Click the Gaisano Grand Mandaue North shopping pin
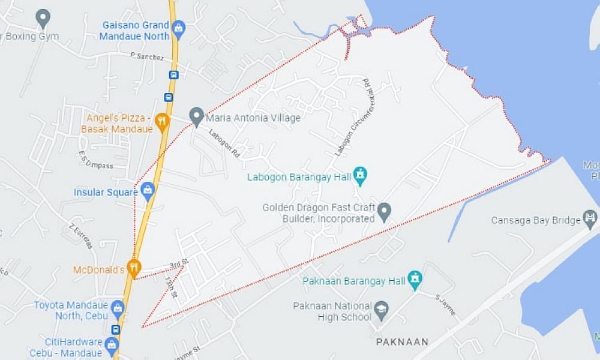tap(178, 28)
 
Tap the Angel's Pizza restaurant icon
tap(162, 122)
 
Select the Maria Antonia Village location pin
tap(196, 116)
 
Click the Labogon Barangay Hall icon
tap(360, 175)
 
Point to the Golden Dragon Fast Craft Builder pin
tap(384, 211)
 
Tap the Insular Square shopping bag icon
tap(148, 191)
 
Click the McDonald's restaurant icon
tap(134, 268)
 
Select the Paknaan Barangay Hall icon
tap(415, 279)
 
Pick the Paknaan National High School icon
tap(381, 310)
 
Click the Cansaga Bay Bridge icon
tap(590, 219)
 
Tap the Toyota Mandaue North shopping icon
tap(118, 309)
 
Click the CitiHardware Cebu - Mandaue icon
tap(111, 345)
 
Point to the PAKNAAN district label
tap(402, 342)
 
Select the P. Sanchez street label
tap(147, 56)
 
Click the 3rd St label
tap(179, 264)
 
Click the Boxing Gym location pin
tap(43, 18)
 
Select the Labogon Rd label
tap(224, 144)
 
